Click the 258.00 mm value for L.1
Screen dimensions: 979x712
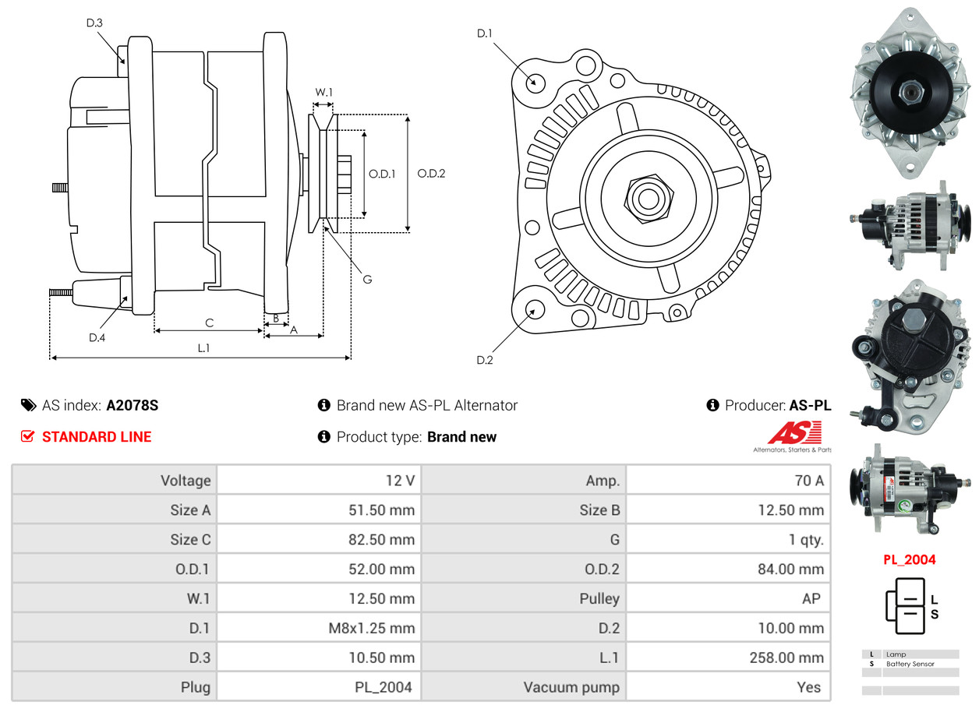pyautogui.click(x=786, y=657)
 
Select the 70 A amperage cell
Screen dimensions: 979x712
pyautogui.click(x=809, y=481)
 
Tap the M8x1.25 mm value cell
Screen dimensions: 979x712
pyautogui.click(x=372, y=628)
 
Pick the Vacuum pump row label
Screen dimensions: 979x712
pyautogui.click(x=571, y=688)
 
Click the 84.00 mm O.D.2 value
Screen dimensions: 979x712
pyautogui.click(x=790, y=569)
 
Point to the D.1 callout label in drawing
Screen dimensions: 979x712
pyautogui.click(x=484, y=33)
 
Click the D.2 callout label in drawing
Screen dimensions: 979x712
pyautogui.click(x=484, y=361)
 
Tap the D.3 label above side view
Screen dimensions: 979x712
pyautogui.click(x=94, y=23)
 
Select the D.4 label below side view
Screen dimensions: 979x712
pyautogui.click(x=97, y=337)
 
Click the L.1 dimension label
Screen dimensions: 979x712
pyautogui.click(x=203, y=348)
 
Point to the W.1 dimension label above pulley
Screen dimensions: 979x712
pyautogui.click(x=323, y=92)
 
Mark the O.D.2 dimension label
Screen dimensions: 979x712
pyautogui.click(x=431, y=174)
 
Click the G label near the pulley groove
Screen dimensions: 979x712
pyautogui.click(x=368, y=280)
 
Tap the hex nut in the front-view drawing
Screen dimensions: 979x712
pyautogui.click(x=649, y=199)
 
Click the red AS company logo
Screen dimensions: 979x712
pyautogui.click(x=794, y=432)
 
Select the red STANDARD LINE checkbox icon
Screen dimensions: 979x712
pyautogui.click(x=27, y=436)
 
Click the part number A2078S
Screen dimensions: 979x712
pyautogui.click(x=133, y=406)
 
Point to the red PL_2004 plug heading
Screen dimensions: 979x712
pyautogui.click(x=910, y=560)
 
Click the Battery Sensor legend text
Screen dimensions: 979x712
pyautogui.click(x=910, y=664)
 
